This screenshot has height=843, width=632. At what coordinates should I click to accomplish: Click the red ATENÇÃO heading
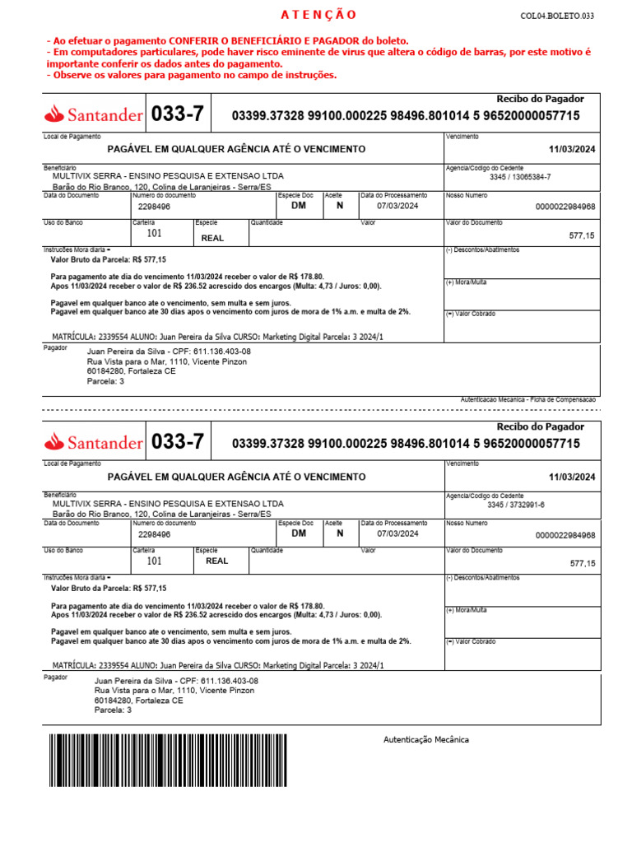318,15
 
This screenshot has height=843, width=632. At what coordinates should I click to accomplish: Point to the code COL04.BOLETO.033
556,16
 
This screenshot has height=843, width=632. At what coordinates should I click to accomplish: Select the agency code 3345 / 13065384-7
520,177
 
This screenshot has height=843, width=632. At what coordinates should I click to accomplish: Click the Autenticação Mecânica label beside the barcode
426,739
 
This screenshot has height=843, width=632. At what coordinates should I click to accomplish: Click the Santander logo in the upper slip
94,114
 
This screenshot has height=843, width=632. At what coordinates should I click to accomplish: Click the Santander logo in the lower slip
94,442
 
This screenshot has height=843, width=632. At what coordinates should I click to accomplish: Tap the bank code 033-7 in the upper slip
178,114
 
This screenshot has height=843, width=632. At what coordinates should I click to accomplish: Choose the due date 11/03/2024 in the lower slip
572,477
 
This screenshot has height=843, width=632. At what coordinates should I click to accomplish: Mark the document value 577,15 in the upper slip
582,235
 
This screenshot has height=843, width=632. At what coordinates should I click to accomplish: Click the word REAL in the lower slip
217,561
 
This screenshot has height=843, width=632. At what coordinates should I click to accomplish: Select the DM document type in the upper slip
298,206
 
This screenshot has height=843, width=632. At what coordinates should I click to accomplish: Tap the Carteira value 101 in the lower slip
155,561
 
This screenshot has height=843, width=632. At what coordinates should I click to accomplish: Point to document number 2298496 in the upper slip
155,207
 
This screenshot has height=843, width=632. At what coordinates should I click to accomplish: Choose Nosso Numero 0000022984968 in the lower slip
565,535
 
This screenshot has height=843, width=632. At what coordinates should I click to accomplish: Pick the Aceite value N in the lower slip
340,533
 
